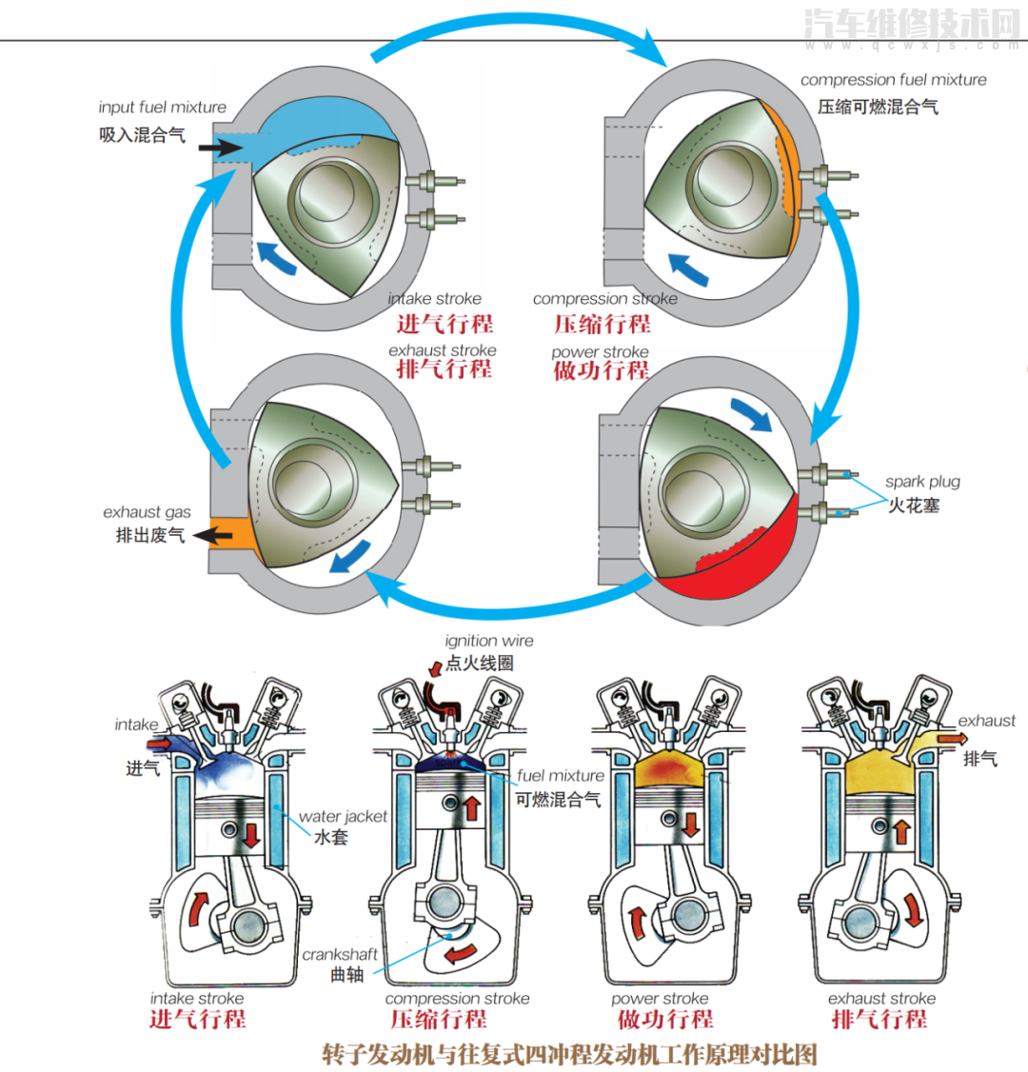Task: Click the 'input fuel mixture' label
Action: (162, 108)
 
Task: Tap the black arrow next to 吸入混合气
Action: (220, 147)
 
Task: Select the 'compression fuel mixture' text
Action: (893, 80)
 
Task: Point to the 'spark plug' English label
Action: (922, 482)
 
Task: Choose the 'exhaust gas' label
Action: (147, 512)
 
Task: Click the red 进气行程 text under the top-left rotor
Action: (445, 324)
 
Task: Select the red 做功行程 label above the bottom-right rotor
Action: (601, 370)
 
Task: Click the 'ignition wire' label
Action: (489, 641)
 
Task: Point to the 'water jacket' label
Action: (343, 816)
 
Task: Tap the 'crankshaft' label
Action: (340, 954)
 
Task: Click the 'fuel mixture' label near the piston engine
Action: (561, 775)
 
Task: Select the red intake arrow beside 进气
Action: (161, 743)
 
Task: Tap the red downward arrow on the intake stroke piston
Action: (251, 836)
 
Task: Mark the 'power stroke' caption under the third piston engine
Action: (660, 999)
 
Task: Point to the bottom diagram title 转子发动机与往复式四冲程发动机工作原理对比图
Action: (569, 1054)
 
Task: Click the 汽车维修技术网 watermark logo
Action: (911, 23)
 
